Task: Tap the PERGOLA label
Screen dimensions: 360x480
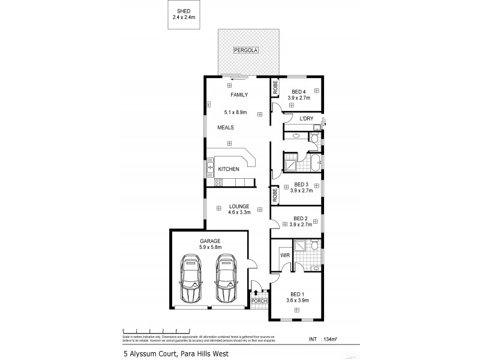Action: [246, 51]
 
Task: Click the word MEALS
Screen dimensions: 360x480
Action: [225, 128]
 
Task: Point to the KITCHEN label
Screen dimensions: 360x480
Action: [229, 169]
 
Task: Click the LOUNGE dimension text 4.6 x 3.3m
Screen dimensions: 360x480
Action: [238, 212]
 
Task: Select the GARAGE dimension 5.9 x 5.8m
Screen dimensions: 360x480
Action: [211, 247]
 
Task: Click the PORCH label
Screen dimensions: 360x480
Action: [259, 301]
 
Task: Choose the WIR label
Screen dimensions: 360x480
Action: [286, 256]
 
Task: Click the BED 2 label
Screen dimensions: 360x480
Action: [301, 218]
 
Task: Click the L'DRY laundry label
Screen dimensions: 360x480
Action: [306, 120]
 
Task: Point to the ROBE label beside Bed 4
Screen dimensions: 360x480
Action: [275, 88]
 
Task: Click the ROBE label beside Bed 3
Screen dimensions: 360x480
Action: [275, 195]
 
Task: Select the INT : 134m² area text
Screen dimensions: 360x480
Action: [323, 340]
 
